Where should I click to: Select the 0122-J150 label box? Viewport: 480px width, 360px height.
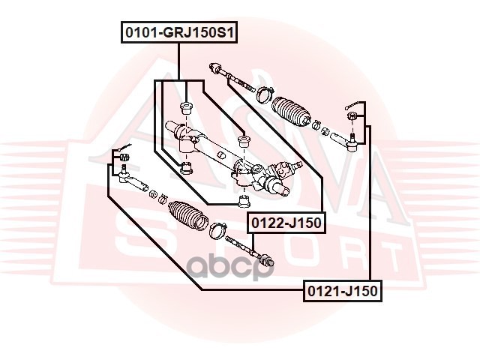(x=286, y=223)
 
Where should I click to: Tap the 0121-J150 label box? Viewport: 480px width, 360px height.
(x=341, y=290)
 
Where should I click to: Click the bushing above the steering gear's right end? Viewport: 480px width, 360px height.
(x=243, y=141)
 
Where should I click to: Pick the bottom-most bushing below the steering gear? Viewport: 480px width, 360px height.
(x=242, y=201)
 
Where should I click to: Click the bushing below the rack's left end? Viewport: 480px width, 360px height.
(x=186, y=167)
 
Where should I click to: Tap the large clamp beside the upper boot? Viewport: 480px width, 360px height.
(x=263, y=94)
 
